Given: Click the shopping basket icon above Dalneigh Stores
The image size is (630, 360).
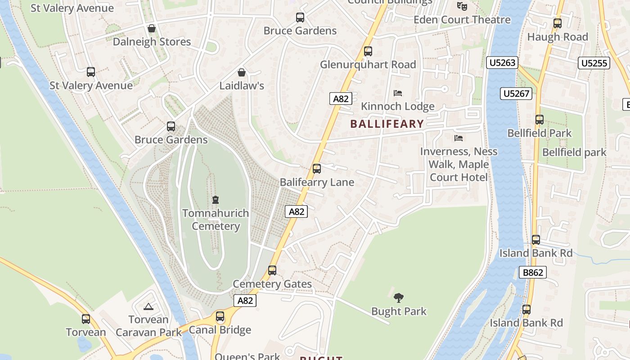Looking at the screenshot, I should pyautogui.click(x=152, y=28).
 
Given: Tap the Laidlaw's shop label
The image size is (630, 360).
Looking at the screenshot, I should pyautogui.click(x=242, y=85).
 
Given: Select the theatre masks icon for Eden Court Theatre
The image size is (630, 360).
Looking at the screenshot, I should pyautogui.click(x=462, y=6).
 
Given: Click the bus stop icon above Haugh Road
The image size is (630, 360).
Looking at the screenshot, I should pyautogui.click(x=558, y=23).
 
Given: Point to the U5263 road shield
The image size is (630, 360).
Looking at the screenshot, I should pyautogui.click(x=502, y=63).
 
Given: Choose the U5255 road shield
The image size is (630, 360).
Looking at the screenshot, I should pyautogui.click(x=594, y=63).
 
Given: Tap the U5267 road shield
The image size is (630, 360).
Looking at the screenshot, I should pyautogui.click(x=516, y=94).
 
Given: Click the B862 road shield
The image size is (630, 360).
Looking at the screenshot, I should pyautogui.click(x=533, y=272).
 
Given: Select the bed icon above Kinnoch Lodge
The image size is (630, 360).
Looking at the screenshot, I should pyautogui.click(x=398, y=93).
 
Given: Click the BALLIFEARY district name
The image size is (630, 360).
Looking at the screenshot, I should pyautogui.click(x=387, y=124).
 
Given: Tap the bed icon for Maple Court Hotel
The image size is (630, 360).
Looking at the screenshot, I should pyautogui.click(x=459, y=138).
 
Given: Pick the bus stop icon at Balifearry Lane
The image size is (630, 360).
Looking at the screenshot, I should pyautogui.click(x=317, y=169).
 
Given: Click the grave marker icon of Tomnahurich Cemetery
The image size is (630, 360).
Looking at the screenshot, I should pyautogui.click(x=216, y=199).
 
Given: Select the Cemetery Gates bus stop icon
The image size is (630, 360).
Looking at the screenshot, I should pyautogui.click(x=272, y=270).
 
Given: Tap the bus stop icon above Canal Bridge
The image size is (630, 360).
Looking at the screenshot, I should pyautogui.click(x=220, y=316).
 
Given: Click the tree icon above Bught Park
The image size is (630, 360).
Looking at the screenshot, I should pyautogui.click(x=399, y=297).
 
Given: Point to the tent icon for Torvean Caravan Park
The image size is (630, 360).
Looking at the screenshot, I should pyautogui.click(x=148, y=307).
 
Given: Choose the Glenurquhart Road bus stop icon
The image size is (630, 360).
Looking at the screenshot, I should pyautogui.click(x=368, y=51).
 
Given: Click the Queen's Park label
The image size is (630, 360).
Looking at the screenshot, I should pyautogui.click(x=247, y=356).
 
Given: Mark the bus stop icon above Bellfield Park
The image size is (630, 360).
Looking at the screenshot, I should pyautogui.click(x=540, y=120).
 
